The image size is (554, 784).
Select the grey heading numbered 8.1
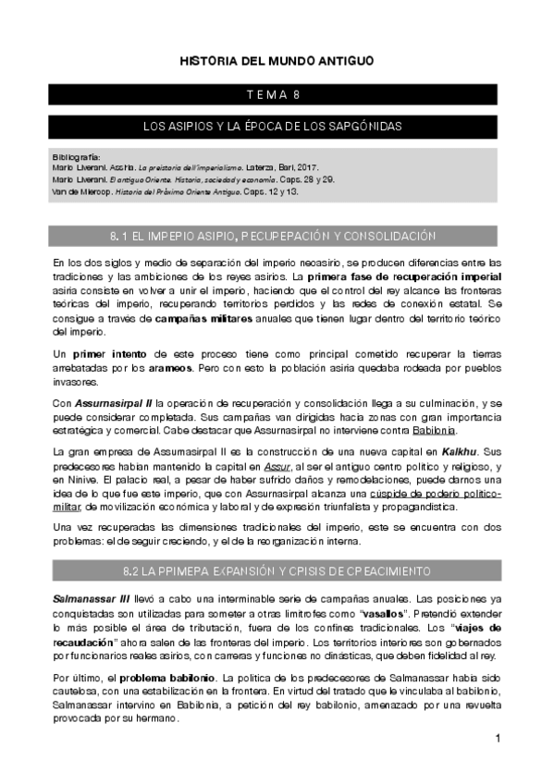[277, 237]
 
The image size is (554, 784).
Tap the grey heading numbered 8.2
[277, 570]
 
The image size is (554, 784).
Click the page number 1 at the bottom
[498, 739]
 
